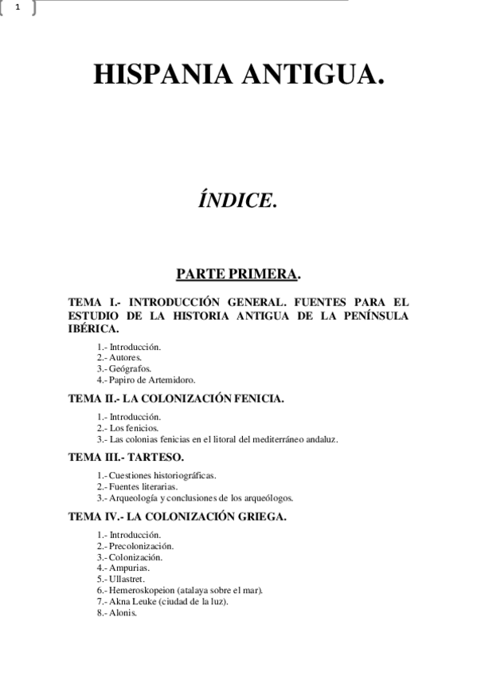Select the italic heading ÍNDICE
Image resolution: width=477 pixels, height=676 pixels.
point(238,200)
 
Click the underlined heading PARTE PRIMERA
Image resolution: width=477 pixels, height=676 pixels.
point(237,274)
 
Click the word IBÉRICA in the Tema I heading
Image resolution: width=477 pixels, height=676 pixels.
point(94,328)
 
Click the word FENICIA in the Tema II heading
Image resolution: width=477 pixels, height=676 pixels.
point(256,398)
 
